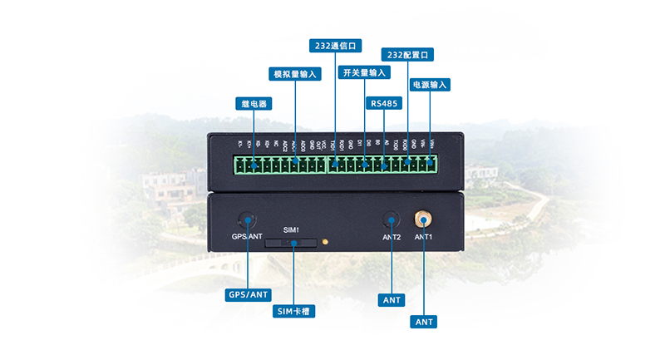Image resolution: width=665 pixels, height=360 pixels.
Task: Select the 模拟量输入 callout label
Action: coord(296,74)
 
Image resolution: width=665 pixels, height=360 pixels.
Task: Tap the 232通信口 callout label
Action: coord(333,46)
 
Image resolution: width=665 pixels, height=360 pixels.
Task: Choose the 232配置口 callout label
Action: coord(407,55)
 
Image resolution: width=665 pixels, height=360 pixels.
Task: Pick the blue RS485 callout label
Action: coord(384,104)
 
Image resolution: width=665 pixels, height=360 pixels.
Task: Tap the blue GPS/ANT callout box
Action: coord(249,294)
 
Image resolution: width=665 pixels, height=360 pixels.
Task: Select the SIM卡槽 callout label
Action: coord(295,312)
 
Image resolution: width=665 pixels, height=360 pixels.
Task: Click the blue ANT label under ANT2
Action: coord(391,299)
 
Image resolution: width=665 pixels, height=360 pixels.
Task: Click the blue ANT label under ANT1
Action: coord(423,321)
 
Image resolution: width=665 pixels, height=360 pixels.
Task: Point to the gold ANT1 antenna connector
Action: coord(423,219)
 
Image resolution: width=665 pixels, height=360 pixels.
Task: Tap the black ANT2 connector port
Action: coord(391,220)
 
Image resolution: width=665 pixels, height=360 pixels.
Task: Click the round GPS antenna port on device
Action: coord(247,220)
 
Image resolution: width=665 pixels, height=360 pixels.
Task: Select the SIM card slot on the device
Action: coord(291,243)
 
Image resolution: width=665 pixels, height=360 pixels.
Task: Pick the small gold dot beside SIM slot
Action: coord(325,243)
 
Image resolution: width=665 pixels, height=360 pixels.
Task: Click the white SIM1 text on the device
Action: coord(291,229)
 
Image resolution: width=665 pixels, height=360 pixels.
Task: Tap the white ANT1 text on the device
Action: coord(424,237)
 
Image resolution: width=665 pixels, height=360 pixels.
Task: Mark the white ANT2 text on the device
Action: coord(392,238)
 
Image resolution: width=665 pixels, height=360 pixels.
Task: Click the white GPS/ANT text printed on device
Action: coord(247,237)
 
